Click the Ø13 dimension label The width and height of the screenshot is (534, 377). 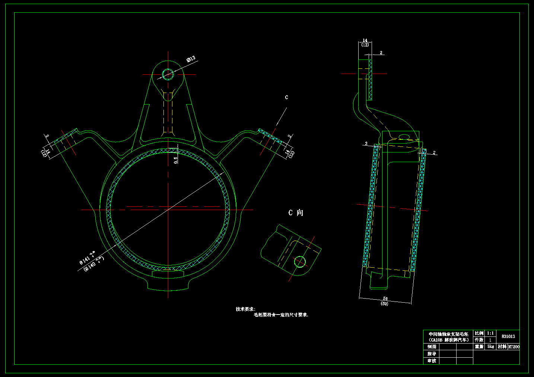tap(191, 59)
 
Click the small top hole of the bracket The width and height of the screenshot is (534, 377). tap(168, 74)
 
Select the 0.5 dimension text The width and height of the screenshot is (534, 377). tap(176, 159)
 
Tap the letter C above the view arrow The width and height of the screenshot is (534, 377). tap(286, 97)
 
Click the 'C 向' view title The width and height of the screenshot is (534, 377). tap(296, 213)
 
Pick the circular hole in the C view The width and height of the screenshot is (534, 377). tap(300, 262)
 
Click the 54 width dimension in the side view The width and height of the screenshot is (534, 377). tap(385, 299)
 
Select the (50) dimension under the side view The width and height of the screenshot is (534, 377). tap(384, 304)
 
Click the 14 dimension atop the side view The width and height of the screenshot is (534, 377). tap(365, 40)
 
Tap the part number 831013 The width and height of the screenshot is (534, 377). tap(508, 336)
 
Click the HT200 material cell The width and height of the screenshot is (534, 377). tap(514, 347)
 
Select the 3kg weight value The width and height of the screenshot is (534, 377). tap(490, 347)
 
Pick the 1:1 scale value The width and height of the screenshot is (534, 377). tap(490, 333)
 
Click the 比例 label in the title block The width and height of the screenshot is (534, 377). tap(479, 333)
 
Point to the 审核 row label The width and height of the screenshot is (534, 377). tap(432, 361)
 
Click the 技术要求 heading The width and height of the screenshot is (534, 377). tap(245, 309)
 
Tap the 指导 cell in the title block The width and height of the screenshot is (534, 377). tap(432, 354)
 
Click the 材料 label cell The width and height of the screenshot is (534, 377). tap(502, 347)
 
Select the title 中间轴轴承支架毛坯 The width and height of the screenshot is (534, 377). tap(448, 334)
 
